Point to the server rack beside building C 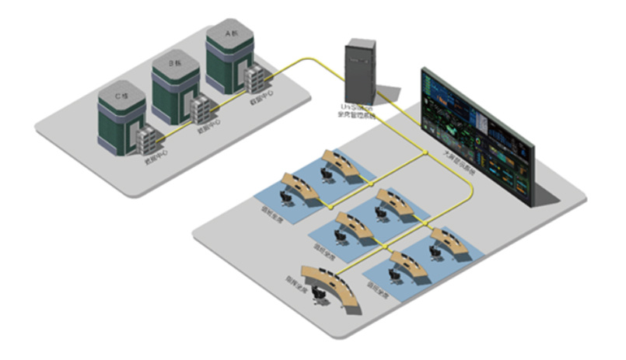click(x=147, y=140)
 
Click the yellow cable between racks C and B click(x=176, y=130)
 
